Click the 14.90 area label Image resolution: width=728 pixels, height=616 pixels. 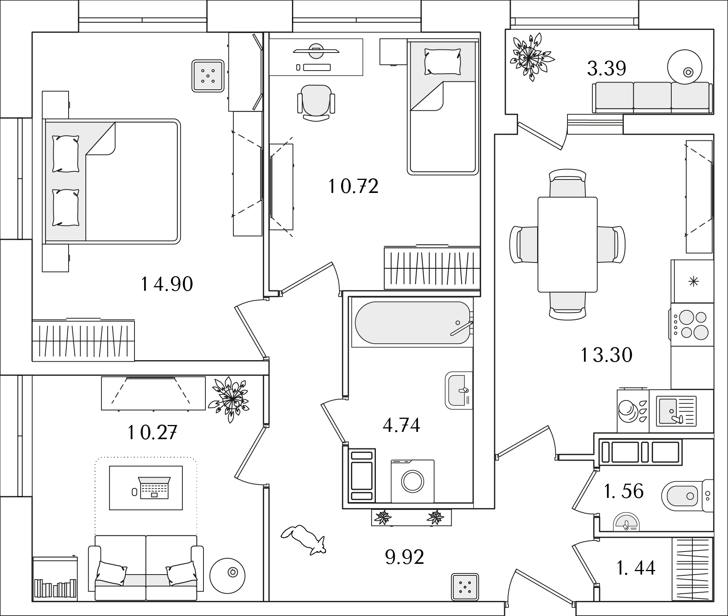167,285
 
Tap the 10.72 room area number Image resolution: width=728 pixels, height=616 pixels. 353,187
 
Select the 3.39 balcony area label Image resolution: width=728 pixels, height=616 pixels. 607,69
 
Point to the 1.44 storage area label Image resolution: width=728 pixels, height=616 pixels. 636,568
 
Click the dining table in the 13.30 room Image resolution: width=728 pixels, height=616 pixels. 567,244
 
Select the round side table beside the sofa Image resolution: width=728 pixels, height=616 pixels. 227,575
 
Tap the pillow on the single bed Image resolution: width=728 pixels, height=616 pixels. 442,61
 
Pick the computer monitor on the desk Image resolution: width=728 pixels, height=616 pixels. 315,50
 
